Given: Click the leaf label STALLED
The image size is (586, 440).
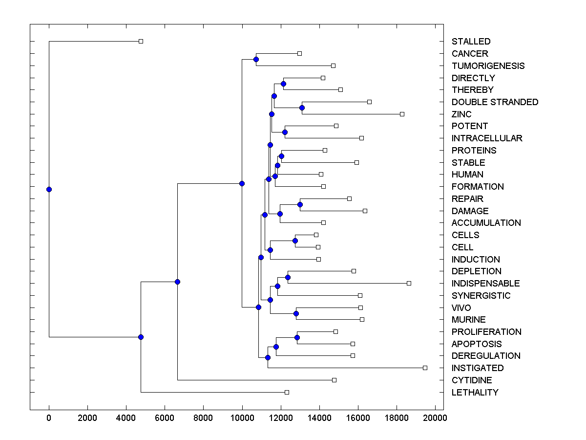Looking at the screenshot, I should (x=471, y=42).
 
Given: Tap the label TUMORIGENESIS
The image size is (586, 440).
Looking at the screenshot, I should (x=488, y=66).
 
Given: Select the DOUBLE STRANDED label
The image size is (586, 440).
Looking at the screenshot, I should (x=495, y=102).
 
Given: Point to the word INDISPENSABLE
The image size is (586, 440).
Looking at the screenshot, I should (x=485, y=283).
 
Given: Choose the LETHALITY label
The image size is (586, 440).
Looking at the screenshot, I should (x=475, y=392).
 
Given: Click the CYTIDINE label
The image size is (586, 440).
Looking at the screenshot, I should (x=472, y=380).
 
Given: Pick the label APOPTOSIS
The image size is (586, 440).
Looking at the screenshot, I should (x=476, y=344).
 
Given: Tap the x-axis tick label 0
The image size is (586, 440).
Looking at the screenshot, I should (x=49, y=418).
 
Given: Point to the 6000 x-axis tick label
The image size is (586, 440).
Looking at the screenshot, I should (x=165, y=418).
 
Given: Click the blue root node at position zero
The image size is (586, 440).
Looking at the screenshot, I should (x=49, y=189).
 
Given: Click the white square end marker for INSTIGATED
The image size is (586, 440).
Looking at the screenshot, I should (x=425, y=368).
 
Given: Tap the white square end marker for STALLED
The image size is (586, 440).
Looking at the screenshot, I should (x=141, y=41).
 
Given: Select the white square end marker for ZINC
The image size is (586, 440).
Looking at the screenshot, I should (x=402, y=114).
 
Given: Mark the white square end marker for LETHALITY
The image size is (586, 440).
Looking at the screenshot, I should (x=287, y=392).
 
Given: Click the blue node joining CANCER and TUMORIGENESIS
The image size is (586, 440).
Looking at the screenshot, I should (x=256, y=59).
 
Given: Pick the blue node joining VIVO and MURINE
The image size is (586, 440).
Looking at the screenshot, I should (x=296, y=313).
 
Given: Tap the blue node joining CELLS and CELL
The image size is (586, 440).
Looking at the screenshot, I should (x=295, y=241).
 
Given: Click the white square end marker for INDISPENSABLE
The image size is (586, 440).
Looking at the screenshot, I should (x=409, y=283).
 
